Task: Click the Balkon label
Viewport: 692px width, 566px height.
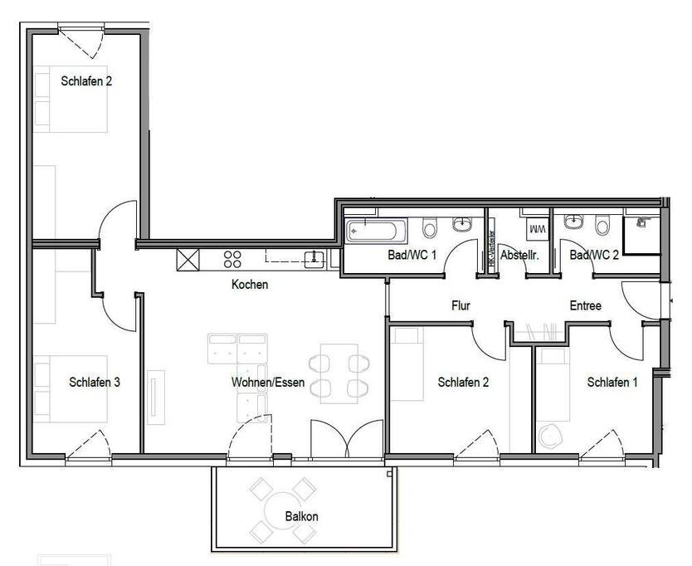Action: [x=302, y=516]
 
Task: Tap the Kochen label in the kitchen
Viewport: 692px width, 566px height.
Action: [x=249, y=285]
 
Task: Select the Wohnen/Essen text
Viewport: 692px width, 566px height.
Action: [x=268, y=383]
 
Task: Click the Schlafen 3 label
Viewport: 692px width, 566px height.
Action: [x=95, y=383]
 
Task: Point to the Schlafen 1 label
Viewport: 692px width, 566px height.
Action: [x=612, y=383]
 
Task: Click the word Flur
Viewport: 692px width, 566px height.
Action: [x=461, y=306]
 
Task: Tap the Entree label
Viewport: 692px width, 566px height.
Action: [x=585, y=306]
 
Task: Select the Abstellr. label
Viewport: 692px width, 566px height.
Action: [x=519, y=256]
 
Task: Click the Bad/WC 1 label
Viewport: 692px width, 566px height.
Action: [x=412, y=256]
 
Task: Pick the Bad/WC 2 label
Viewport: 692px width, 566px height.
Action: [x=594, y=256]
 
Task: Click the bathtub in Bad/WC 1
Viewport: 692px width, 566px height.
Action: [x=375, y=228]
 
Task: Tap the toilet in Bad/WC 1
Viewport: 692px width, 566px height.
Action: [x=429, y=227]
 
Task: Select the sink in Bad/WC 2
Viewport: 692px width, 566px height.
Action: [x=573, y=222]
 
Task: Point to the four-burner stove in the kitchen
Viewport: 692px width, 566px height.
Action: [x=232, y=260]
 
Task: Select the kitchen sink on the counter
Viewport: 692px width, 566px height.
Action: [x=314, y=258]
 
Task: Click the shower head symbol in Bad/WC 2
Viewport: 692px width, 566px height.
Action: [x=641, y=222]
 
